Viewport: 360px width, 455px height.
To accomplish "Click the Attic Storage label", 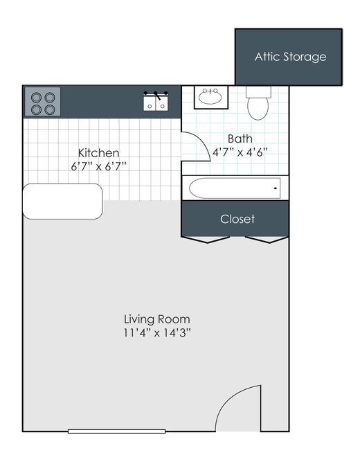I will pyautogui.click(x=290, y=57).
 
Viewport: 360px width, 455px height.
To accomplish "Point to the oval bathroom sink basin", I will pyautogui.click(x=210, y=98).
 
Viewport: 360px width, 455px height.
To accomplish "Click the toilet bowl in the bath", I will pyautogui.click(x=258, y=107).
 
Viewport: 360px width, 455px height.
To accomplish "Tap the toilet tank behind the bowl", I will pyautogui.click(x=258, y=91).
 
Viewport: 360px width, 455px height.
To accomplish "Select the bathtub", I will pyautogui.click(x=235, y=188).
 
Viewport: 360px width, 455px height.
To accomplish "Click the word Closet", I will pyautogui.click(x=237, y=219).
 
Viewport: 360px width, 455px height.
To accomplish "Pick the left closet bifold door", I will pyautogui.click(x=206, y=240).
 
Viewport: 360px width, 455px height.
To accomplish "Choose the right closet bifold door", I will pyautogui.click(x=267, y=240).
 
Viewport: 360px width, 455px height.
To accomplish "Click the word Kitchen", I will pyautogui.click(x=98, y=152).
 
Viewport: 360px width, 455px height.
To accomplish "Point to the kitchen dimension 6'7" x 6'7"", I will pyautogui.click(x=98, y=166).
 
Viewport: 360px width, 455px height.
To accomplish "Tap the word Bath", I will pyautogui.click(x=240, y=139).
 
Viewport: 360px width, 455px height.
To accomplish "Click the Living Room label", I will pyautogui.click(x=157, y=319).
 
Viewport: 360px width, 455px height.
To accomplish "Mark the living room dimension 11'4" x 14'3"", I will pyautogui.click(x=157, y=332).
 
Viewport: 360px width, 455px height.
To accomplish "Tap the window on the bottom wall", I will pyautogui.click(x=116, y=431).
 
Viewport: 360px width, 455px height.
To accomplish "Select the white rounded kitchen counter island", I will pyautogui.click(x=63, y=202).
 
